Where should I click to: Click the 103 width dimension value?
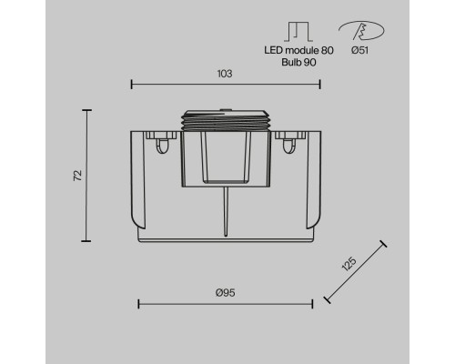[225, 74]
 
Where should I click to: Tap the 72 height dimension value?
[78, 176]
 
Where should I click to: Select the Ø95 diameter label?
[226, 293]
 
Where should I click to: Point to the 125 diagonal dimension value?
[349, 264]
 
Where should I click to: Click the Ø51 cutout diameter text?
[360, 50]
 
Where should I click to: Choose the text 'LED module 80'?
[298, 50]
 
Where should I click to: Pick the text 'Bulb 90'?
[298, 62]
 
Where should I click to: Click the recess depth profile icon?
[298, 32]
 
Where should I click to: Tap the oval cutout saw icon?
[361, 30]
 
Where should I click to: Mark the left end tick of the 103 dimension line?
[131, 85]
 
